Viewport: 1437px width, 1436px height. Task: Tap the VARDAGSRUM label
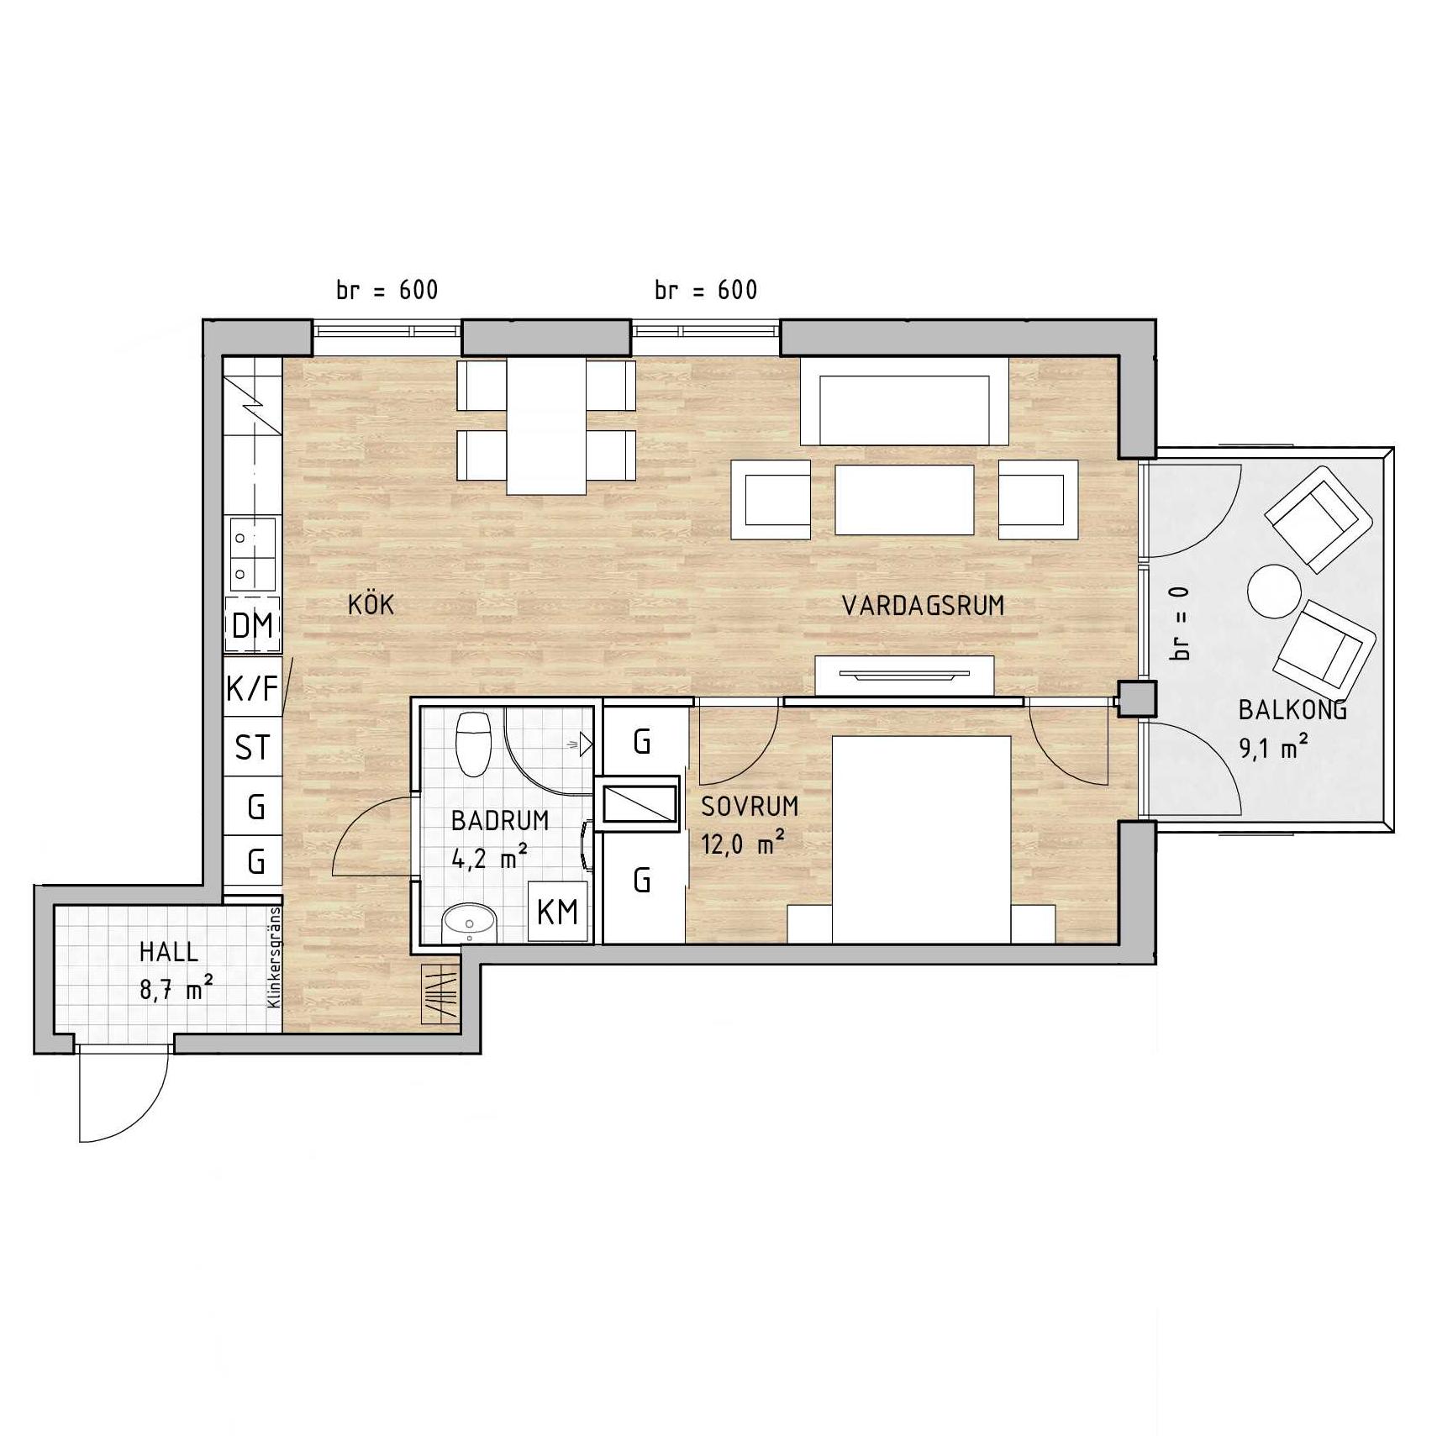point(923,606)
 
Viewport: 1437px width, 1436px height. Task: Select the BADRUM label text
point(500,820)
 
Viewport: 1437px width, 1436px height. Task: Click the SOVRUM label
point(750,807)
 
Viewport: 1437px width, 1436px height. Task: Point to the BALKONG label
point(1292,710)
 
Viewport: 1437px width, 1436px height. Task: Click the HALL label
point(169,952)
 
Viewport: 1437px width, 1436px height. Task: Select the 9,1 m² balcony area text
point(1274,747)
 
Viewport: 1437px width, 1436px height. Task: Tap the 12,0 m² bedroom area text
point(743,843)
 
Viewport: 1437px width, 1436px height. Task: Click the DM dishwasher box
point(252,625)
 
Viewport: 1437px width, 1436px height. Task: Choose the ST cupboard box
point(252,747)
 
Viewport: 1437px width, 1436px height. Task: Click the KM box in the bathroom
point(558,911)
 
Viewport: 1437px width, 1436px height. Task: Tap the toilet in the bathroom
point(473,744)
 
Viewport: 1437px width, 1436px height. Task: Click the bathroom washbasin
point(470,923)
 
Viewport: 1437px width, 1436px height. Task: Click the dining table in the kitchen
point(546,426)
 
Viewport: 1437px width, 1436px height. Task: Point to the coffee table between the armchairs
point(904,500)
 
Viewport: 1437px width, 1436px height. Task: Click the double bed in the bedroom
point(921,839)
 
